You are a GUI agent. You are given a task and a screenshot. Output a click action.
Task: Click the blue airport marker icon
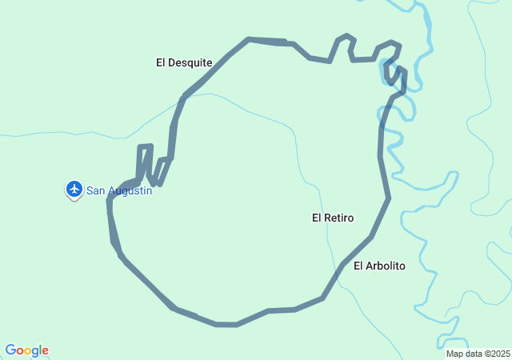tap(74, 189)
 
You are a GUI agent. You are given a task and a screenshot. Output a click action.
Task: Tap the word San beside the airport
tap(95, 190)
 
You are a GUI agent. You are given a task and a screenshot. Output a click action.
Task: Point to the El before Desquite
tap(161, 62)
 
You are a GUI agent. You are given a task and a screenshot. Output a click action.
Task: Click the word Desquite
tap(190, 62)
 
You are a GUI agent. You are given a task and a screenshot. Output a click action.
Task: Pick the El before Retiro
tap(317, 218)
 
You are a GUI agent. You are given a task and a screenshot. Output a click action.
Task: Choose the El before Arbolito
tap(358, 266)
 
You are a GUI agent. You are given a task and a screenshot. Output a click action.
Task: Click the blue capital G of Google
tap(10, 350)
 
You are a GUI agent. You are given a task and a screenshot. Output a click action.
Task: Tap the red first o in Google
tap(19, 351)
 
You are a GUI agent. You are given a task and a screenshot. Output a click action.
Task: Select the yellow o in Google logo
tap(27, 351)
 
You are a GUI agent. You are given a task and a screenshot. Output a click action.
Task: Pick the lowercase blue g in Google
tap(35, 352)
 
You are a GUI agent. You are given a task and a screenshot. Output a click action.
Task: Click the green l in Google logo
tap(41, 350)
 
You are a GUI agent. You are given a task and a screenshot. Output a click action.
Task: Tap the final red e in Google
tap(46, 351)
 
